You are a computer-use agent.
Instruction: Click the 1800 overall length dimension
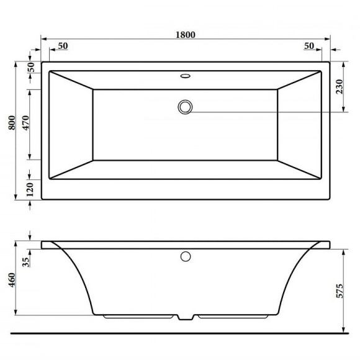[x=186, y=35]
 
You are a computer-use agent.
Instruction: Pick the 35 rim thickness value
[x=25, y=261]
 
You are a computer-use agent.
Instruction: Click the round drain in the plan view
[x=185, y=107]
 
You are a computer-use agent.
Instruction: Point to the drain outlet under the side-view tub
[x=185, y=317]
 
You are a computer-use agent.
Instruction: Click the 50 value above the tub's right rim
[x=310, y=47]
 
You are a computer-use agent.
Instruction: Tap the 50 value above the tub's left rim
[x=63, y=47]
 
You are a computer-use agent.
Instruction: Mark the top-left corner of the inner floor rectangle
[x=93, y=91]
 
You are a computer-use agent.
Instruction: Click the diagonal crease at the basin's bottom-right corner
[x=299, y=170]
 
